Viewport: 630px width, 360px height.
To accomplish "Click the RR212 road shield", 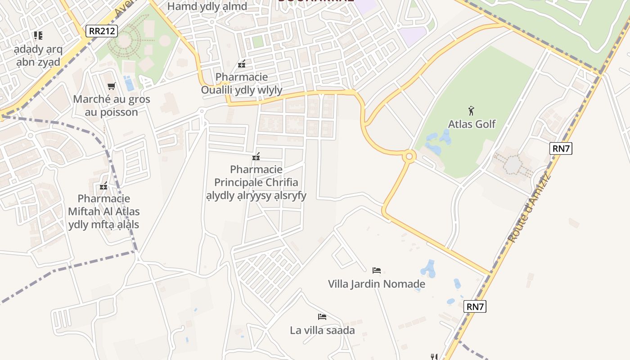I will click(x=102, y=31).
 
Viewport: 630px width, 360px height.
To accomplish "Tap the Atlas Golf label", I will click(x=472, y=124).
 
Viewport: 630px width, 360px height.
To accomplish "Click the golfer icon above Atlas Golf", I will click(x=471, y=110).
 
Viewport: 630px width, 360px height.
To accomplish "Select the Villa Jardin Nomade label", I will click(x=376, y=284).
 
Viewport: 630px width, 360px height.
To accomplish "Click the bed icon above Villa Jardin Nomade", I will click(x=377, y=270).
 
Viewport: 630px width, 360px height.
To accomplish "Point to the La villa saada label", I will click(x=322, y=330).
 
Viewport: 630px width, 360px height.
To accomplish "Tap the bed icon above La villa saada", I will click(x=322, y=317).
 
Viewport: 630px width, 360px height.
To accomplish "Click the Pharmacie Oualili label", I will click(x=242, y=83).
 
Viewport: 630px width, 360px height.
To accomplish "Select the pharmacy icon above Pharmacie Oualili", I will click(x=242, y=64).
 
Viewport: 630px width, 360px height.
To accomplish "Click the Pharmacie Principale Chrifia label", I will click(x=256, y=182).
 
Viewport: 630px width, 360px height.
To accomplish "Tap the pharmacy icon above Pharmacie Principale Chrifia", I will click(x=256, y=157).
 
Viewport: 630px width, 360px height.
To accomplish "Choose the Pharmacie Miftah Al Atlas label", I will click(x=104, y=211).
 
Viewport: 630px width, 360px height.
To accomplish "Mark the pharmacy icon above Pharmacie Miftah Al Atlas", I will click(x=104, y=185).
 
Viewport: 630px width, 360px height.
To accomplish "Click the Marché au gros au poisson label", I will click(x=112, y=105).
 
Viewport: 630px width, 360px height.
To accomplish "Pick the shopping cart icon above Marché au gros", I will click(x=111, y=86).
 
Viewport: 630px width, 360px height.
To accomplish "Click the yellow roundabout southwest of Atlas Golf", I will click(x=409, y=157).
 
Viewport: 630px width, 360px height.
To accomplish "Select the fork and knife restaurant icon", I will click(x=434, y=357).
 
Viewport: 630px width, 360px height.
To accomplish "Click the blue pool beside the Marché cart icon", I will click(x=129, y=84).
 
